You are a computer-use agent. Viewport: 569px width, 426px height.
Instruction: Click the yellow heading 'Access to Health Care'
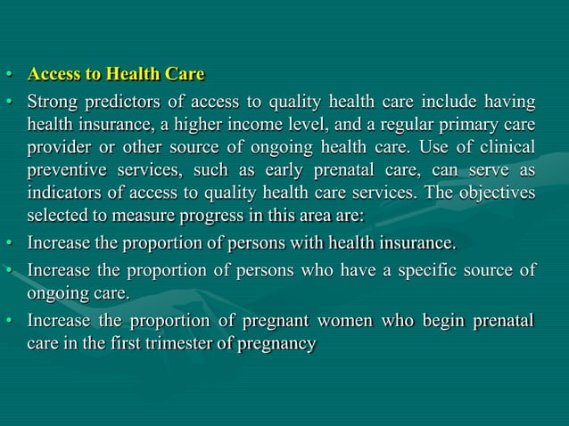[116, 74]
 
